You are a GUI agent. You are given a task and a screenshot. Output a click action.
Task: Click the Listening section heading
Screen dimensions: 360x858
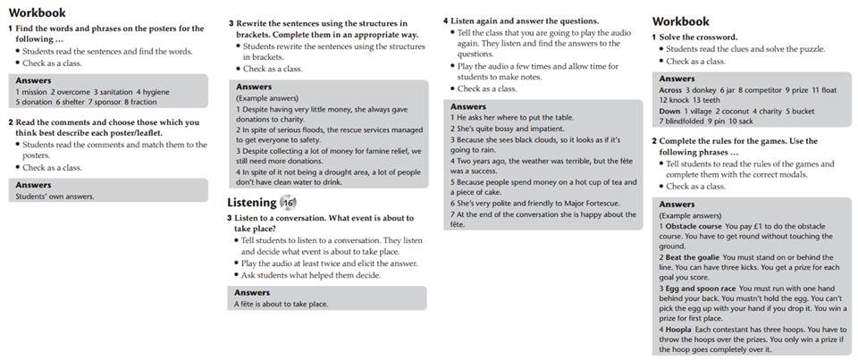251,203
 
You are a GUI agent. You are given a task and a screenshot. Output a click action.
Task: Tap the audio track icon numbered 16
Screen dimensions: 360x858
287,203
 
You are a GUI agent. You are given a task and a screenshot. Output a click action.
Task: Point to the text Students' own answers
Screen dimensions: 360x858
55,197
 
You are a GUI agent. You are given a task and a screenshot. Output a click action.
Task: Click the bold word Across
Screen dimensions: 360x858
670,89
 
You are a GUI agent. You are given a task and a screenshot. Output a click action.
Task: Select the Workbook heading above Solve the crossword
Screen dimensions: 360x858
680,21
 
